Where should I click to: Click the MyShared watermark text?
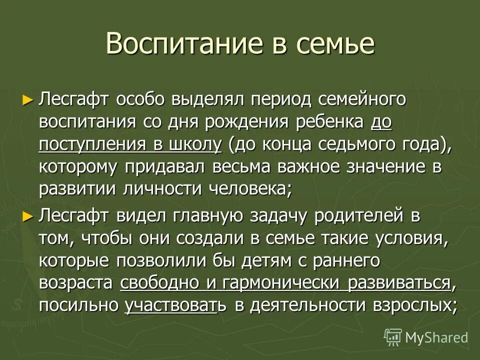point(436,337)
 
